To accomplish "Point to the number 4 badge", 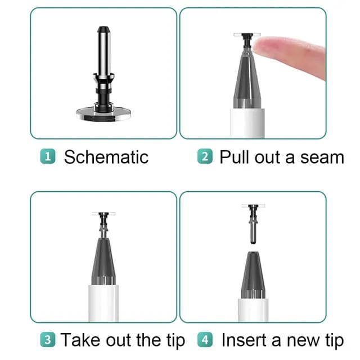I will click(x=205, y=340).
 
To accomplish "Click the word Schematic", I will click(x=106, y=157).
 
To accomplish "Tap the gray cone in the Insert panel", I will click(x=252, y=276).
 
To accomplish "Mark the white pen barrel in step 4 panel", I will click(x=253, y=309).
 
